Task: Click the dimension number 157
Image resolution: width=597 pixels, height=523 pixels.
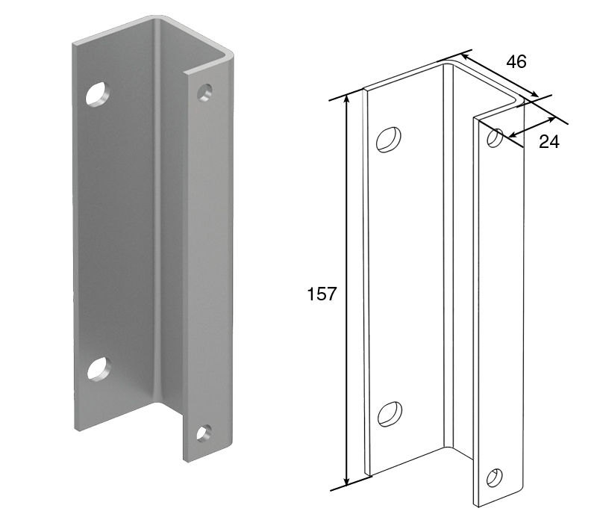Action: pos(322,294)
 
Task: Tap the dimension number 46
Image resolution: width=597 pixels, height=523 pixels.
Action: pos(516,61)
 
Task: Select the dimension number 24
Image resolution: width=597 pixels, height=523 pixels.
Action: pos(549,142)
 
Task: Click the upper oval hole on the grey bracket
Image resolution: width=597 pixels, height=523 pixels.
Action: pos(98,93)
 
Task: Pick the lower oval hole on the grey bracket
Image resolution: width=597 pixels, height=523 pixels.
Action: pos(99,368)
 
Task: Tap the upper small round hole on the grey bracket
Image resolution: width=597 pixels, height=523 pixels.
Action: pos(204,92)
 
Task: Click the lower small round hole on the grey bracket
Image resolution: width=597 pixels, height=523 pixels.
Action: pos(204,433)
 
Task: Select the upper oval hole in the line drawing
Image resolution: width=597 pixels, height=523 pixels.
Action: pos(388,140)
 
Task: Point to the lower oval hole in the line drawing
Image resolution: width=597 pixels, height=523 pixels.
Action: pos(390,415)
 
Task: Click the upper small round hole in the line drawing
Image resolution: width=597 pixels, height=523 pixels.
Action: pos(495,138)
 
